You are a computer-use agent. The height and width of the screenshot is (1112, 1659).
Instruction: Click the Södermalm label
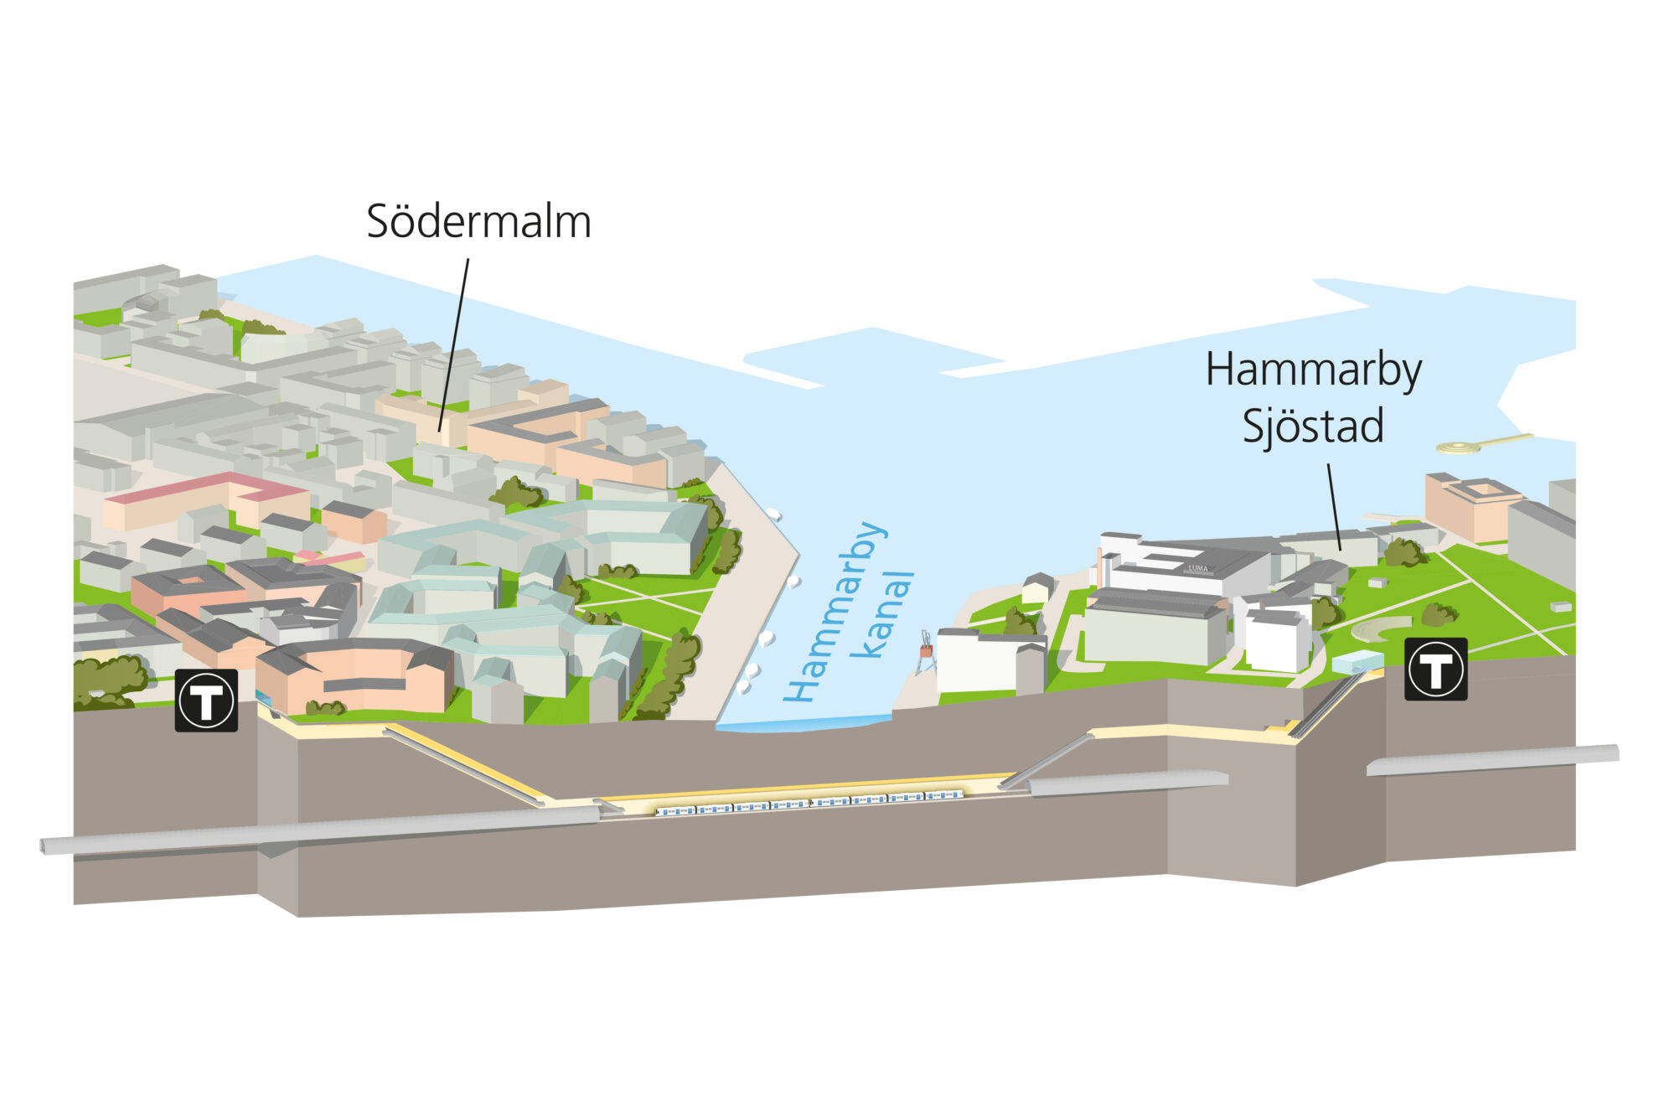[x=478, y=222]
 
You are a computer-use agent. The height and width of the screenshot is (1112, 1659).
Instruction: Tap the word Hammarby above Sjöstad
[x=1313, y=371]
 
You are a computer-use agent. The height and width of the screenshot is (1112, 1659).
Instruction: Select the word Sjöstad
[x=1312, y=427]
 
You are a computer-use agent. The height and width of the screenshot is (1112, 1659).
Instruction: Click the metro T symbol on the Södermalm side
[x=206, y=700]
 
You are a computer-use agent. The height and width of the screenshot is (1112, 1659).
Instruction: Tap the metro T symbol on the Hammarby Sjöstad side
[x=1435, y=669]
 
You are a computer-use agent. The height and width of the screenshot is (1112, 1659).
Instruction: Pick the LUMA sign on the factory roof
[x=1198, y=568]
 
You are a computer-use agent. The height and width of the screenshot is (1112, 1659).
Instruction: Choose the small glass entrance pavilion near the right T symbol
[x=1357, y=661]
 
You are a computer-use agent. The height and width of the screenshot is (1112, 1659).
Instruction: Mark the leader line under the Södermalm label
[x=453, y=344]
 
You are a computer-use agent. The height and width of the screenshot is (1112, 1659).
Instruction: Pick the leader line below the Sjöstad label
[x=1334, y=507]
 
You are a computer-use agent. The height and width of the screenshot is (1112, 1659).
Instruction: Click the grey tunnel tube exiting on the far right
[x=1491, y=759]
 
